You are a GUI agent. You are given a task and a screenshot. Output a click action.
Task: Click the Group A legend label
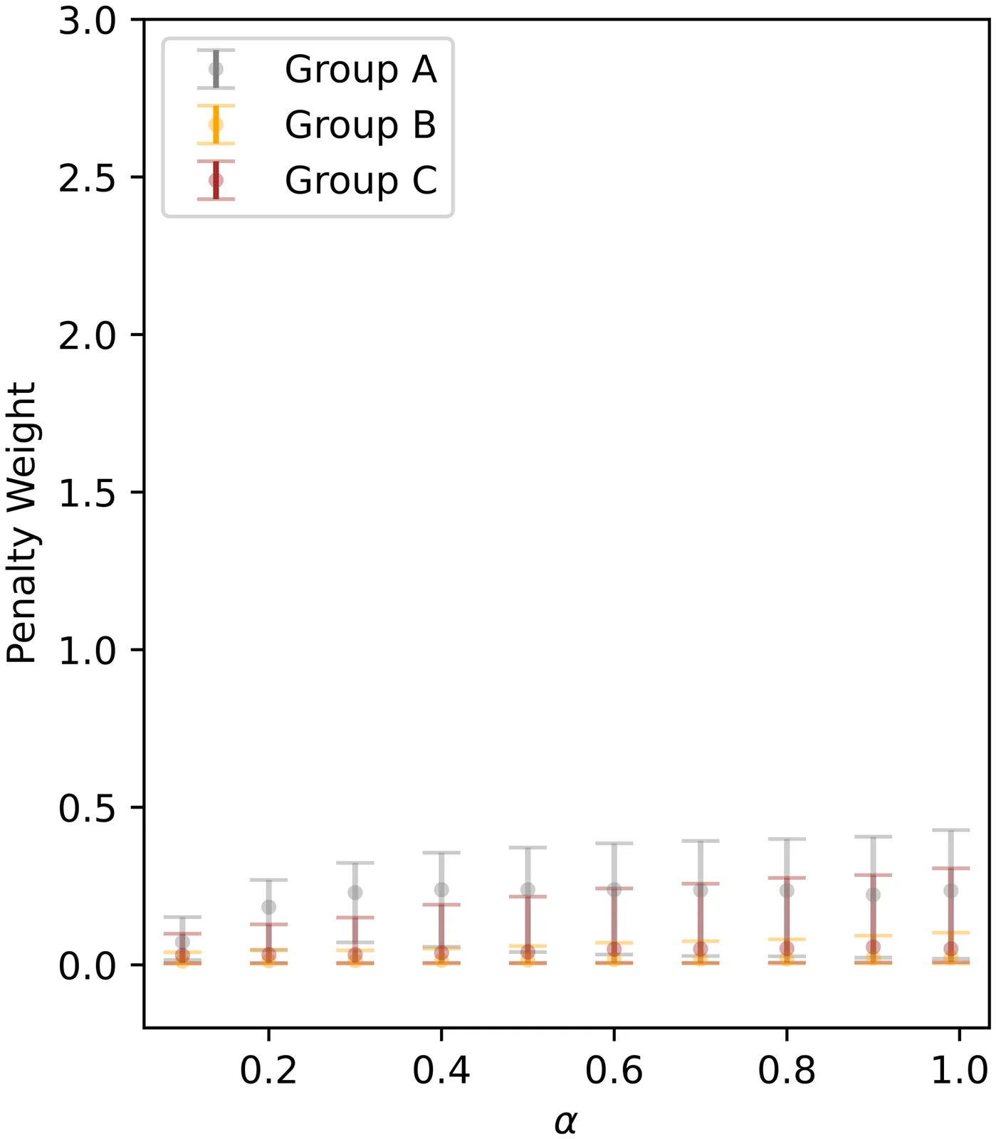point(360,70)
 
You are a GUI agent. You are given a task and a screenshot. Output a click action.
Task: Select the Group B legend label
point(360,125)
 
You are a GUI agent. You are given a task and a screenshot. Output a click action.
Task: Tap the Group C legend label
point(360,180)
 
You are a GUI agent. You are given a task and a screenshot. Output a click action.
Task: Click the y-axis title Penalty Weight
point(21,523)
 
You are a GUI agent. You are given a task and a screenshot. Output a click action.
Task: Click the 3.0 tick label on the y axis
point(87,21)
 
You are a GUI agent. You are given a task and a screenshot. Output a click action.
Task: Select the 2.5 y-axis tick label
point(87,178)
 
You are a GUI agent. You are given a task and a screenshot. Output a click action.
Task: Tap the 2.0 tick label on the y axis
point(87,335)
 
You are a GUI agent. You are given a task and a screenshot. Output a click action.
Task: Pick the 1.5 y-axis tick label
point(87,493)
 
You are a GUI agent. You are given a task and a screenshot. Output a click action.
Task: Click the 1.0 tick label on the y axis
point(87,650)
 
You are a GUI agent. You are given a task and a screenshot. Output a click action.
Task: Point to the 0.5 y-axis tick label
point(87,808)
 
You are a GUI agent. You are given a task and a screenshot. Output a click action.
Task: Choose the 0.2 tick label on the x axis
point(268,1070)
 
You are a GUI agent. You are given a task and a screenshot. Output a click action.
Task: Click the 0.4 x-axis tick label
point(441,1070)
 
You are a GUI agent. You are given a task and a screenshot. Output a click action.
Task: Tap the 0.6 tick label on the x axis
point(614,1070)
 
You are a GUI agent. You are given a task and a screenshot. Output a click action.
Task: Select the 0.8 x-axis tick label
point(787,1070)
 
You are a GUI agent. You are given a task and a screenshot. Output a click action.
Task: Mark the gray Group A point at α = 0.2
point(268,907)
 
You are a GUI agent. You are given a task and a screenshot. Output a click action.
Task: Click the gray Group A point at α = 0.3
point(355,893)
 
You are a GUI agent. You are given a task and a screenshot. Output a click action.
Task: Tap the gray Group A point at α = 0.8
point(787,891)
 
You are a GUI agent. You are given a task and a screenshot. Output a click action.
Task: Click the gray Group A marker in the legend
point(216,69)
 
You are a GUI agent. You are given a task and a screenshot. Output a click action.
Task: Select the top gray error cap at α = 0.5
point(528,848)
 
